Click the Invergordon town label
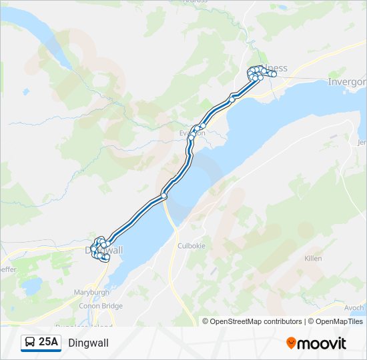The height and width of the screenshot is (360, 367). pyautogui.click(x=348, y=81)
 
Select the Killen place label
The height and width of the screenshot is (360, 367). pyautogui.click(x=313, y=259)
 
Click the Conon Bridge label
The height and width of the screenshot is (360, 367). pyautogui.click(x=101, y=306)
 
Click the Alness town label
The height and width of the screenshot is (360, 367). pyautogui.click(x=275, y=68)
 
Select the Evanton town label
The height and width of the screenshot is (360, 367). pyautogui.click(x=192, y=133)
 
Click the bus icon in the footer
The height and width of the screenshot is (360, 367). pyautogui.click(x=31, y=343)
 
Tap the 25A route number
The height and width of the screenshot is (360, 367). pyautogui.click(x=48, y=343)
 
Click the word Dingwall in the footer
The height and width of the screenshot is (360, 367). pyautogui.click(x=88, y=343)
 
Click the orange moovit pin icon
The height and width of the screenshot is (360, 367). pyautogui.click(x=292, y=343)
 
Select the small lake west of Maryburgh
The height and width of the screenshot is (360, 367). pyautogui.click(x=30, y=287)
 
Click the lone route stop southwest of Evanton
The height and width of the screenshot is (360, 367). pyautogui.click(x=163, y=196)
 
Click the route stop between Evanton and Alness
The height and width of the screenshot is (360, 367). pyautogui.click(x=233, y=99)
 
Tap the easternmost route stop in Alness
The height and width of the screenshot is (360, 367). pyautogui.click(x=274, y=75)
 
